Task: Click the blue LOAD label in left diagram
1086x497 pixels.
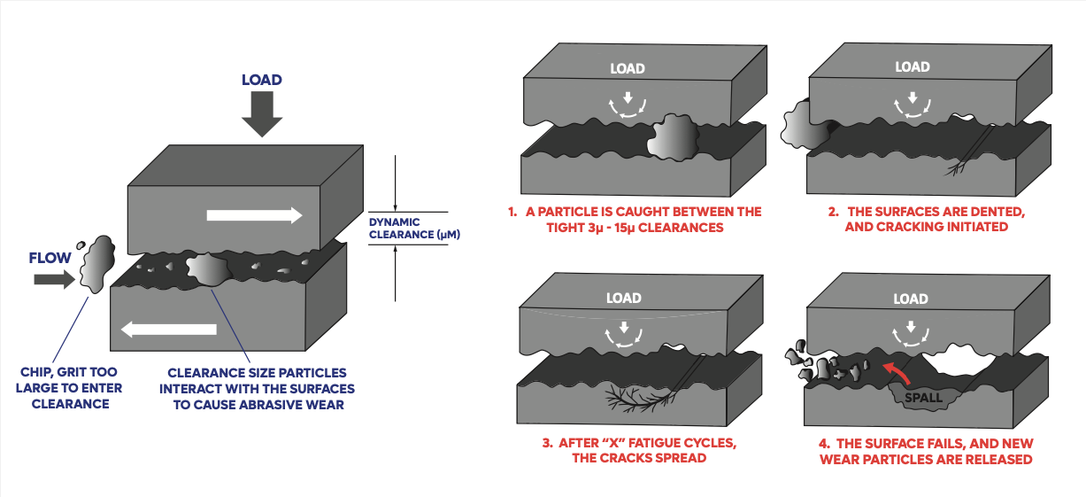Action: (x=261, y=80)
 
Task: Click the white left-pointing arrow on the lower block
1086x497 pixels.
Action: (x=168, y=330)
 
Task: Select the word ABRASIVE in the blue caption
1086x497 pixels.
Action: (x=279, y=405)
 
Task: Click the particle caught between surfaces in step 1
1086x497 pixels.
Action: (x=673, y=139)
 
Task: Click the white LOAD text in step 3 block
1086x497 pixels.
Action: (x=624, y=298)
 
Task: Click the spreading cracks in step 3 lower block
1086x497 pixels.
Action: (x=635, y=398)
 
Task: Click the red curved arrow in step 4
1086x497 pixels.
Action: (x=897, y=371)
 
